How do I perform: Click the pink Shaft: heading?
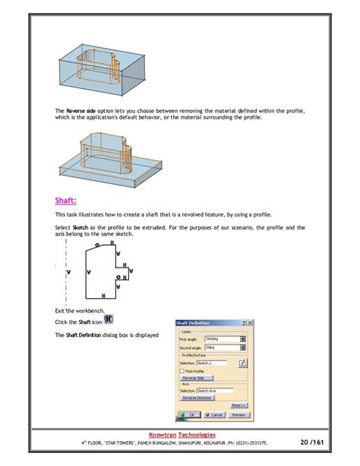pyautogui.click(x=65, y=201)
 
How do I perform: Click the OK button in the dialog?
pyautogui.click(x=190, y=414)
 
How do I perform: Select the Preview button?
pyautogui.click(x=239, y=414)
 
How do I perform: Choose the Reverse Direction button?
pyautogui.click(x=197, y=397)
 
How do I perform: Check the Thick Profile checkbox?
pyautogui.click(x=182, y=370)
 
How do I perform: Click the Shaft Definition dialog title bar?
pyautogui.click(x=205, y=322)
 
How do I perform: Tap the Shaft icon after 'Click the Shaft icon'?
pyautogui.click(x=109, y=319)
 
